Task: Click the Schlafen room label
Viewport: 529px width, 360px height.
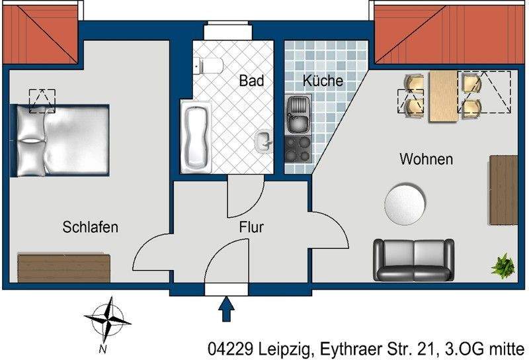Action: tap(91, 227)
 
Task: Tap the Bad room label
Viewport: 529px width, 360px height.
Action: tap(252, 81)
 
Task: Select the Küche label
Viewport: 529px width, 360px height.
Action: tap(323, 81)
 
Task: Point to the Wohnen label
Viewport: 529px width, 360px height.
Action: tap(426, 159)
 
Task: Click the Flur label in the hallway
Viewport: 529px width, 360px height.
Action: tap(252, 228)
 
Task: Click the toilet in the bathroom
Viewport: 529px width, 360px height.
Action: tap(208, 65)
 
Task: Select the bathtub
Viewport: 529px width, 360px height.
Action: tap(196, 138)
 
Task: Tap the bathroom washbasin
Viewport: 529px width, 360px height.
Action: tap(264, 141)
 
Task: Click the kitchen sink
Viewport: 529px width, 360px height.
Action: tap(298, 114)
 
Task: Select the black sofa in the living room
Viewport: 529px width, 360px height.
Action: tap(413, 259)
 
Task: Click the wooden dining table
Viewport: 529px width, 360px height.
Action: tap(443, 97)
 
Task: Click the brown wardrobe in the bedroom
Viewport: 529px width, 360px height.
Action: tap(63, 267)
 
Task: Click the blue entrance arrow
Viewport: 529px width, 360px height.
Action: tap(226, 309)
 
